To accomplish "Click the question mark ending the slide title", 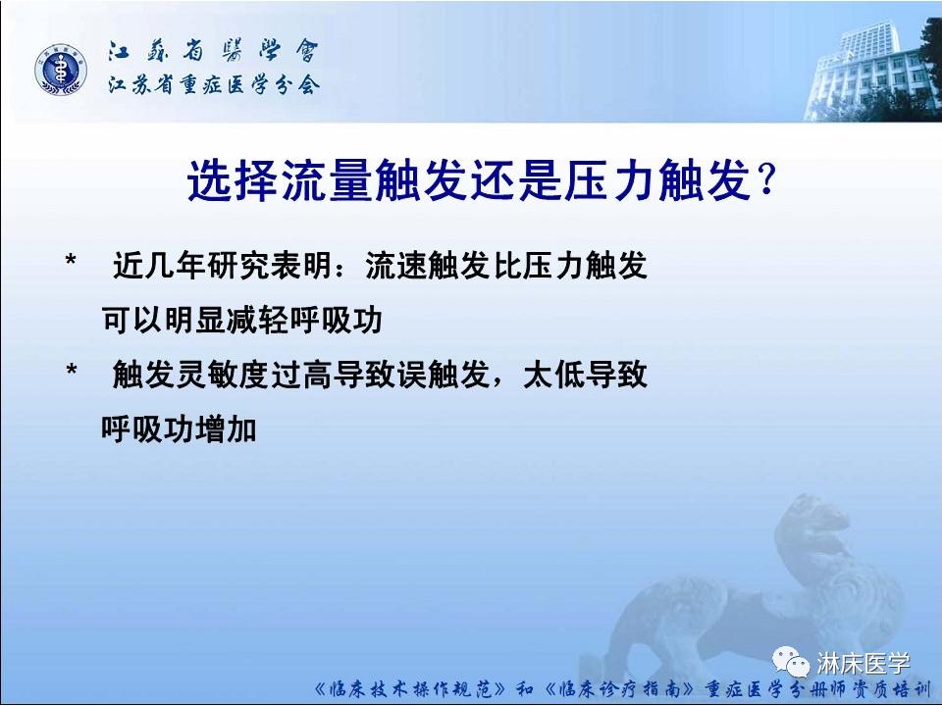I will pyautogui.click(x=766, y=182).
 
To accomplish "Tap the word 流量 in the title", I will pyautogui.click(x=343, y=182).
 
